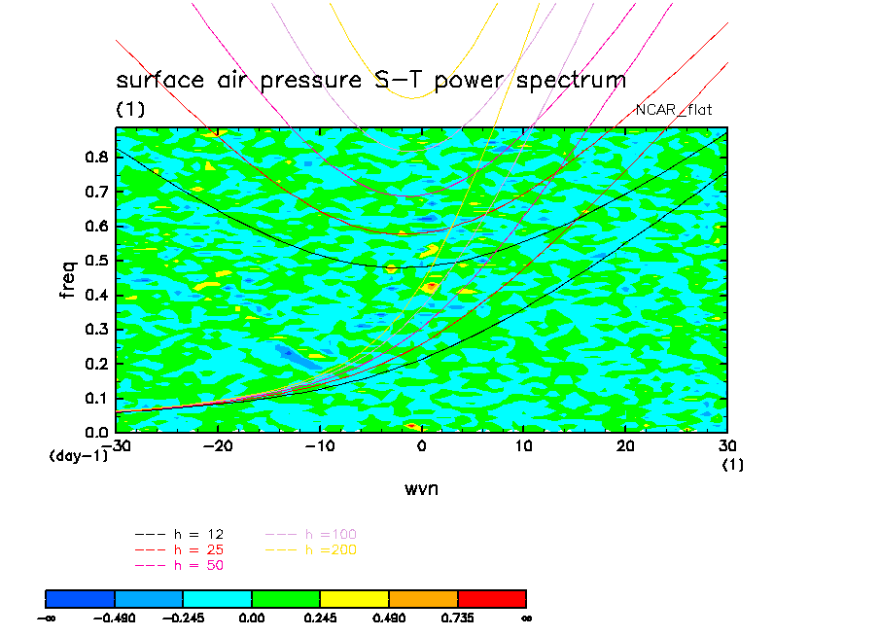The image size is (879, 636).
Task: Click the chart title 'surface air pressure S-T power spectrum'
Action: point(370,80)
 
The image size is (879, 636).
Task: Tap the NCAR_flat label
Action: point(674,110)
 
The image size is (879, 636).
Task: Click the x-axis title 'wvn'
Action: point(421,488)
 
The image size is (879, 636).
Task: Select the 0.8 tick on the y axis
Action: point(94,159)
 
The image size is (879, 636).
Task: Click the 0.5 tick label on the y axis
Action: point(94,261)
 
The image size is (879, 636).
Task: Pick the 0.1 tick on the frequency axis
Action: point(94,398)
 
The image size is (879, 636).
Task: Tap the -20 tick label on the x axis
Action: point(217,444)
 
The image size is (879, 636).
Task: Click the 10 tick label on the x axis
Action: point(523,444)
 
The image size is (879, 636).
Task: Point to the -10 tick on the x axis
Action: point(319,444)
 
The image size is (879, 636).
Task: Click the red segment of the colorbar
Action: point(491,597)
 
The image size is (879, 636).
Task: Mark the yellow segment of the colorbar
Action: point(354,597)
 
